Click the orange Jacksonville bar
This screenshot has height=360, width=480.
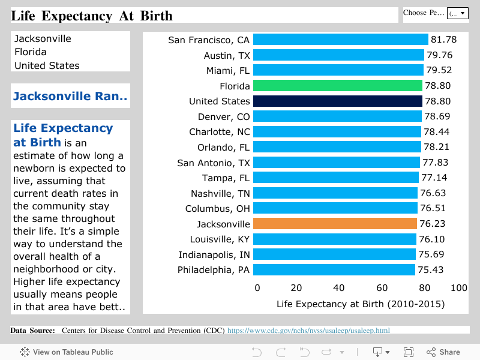click(x=335, y=224)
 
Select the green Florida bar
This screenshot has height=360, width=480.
click(x=338, y=86)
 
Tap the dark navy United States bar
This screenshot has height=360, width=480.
click(x=338, y=101)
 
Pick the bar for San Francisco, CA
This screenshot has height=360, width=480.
click(x=341, y=40)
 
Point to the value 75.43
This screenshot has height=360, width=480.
click(x=430, y=270)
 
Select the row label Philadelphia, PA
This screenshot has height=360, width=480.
click(x=214, y=270)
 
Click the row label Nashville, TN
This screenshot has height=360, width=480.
click(x=220, y=193)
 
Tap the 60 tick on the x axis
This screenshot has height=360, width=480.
click(x=382, y=288)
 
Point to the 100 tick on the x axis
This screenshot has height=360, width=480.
click(x=458, y=288)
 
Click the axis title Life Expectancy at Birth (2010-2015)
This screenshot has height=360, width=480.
click(x=360, y=304)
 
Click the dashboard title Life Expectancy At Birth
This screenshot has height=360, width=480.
click(x=92, y=16)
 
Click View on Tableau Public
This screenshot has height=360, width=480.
click(x=67, y=352)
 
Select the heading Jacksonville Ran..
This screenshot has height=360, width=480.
click(x=70, y=96)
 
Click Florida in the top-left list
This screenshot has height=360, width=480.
click(x=31, y=52)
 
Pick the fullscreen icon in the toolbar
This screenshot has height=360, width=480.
click(x=409, y=352)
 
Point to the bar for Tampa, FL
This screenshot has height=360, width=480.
click(x=335, y=178)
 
